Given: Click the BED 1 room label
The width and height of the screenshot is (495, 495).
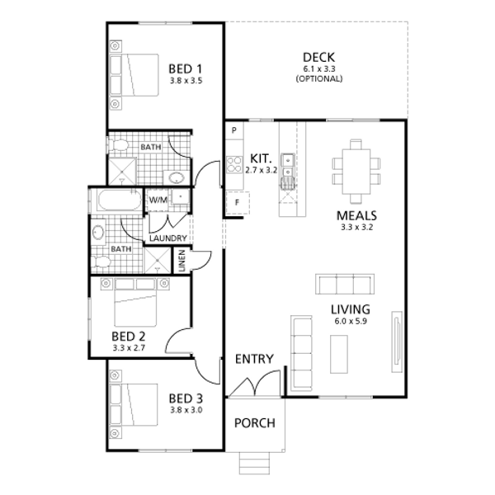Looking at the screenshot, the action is tap(185, 68).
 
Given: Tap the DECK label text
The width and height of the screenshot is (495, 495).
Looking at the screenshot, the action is tap(318, 58).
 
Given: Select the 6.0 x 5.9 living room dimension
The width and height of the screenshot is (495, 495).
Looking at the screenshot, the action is tap(351, 322).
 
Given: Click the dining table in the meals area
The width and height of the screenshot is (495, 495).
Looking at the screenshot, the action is tap(356, 172).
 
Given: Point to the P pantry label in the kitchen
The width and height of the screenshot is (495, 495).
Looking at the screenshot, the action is tap(234, 130).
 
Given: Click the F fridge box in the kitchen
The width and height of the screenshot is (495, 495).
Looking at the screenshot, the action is tap(238, 202).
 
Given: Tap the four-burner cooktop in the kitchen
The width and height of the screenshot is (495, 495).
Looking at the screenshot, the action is tap(234, 164).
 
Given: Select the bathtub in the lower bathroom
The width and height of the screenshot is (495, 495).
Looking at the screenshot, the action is tap(120, 200).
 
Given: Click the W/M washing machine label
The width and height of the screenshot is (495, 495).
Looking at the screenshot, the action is tap(158, 200).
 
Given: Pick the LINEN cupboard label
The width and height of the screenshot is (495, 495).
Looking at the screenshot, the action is tap(181, 261).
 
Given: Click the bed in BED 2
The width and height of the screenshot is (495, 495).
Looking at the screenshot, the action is tap(135, 303).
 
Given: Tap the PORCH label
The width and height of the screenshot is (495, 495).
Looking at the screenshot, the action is tap(255, 423).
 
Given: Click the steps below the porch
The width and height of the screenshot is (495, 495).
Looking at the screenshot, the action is tap(254, 463).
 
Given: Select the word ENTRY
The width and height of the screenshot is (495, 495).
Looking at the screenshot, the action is tap(254, 359).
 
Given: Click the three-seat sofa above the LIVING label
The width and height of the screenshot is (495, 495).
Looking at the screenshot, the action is tap(345, 284).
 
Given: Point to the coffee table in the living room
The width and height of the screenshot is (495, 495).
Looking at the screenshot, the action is tap(339, 354).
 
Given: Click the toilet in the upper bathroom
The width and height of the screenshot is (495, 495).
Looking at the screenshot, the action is tap(119, 145).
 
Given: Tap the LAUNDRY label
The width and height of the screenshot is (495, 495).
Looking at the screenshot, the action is tap(168, 238).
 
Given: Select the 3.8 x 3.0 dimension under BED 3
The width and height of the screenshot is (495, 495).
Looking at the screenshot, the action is tap(186, 410).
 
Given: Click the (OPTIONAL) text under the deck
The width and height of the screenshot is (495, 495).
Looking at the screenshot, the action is tap(319, 78).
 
